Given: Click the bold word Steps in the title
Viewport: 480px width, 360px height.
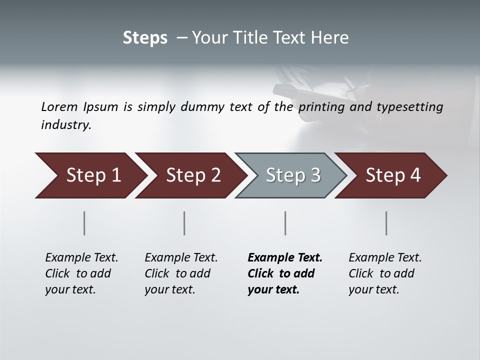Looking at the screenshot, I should point(145,38).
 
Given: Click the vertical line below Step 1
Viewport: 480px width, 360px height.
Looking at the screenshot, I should point(84,223).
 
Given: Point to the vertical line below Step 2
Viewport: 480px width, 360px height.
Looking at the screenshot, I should point(184,223).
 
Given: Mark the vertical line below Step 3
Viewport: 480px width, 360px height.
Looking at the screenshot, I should point(285,223).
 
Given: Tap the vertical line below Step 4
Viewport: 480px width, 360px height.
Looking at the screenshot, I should point(386,223).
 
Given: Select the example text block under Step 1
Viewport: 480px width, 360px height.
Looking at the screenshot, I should point(81,273).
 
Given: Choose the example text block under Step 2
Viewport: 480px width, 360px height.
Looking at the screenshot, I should point(181,273).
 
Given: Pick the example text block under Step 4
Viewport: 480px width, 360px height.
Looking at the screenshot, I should point(385,273).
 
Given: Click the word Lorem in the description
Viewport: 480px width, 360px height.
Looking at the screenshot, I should point(59,106).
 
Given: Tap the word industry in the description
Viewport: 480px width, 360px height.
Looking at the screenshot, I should point(66,125).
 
